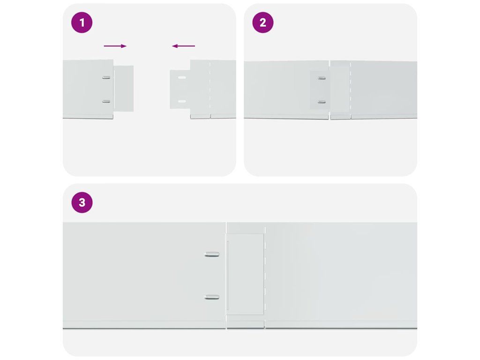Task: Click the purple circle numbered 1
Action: tap(82, 22)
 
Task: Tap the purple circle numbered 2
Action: tap(262, 22)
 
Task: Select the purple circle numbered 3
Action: tap(82, 202)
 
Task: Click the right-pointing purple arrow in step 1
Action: tap(115, 46)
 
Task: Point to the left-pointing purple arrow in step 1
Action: tap(183, 46)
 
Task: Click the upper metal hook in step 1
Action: tap(106, 77)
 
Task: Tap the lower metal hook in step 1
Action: tap(106, 101)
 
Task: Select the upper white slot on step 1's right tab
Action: tap(182, 78)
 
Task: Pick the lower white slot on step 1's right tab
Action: tap(182, 101)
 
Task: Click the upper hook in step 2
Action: tap(322, 78)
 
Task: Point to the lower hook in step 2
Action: tap(322, 102)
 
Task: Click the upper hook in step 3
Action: tap(212, 254)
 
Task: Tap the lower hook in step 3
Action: tap(212, 297)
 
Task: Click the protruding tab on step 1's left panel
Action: tap(124, 89)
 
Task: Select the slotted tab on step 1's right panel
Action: tap(180, 90)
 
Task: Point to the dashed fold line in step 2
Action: tap(351, 90)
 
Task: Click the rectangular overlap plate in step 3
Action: tap(245, 274)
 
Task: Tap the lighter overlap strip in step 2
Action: tap(340, 90)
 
